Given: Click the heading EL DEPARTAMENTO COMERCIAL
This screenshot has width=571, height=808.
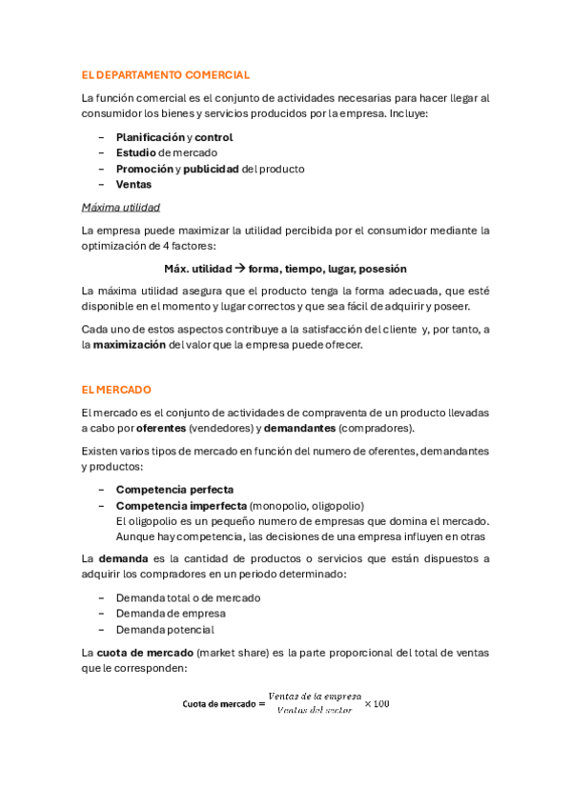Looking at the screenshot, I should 166,74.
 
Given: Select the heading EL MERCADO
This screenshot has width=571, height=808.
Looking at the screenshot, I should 116,390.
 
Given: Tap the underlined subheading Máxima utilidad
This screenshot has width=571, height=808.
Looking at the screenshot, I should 120,208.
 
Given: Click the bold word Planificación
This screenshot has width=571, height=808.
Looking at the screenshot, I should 150,137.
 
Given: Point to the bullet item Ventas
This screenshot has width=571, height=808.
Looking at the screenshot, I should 133,185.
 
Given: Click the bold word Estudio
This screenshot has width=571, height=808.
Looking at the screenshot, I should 136,152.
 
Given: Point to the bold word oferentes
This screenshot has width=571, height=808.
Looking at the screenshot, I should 156,429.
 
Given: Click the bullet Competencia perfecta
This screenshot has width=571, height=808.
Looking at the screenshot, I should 174,490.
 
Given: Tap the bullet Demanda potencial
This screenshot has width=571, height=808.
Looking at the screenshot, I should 165,630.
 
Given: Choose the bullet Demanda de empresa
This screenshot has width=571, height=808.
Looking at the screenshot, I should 171,614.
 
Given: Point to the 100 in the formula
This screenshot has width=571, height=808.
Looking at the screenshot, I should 381,704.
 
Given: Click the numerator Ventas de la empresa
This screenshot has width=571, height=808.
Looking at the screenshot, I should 314,697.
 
